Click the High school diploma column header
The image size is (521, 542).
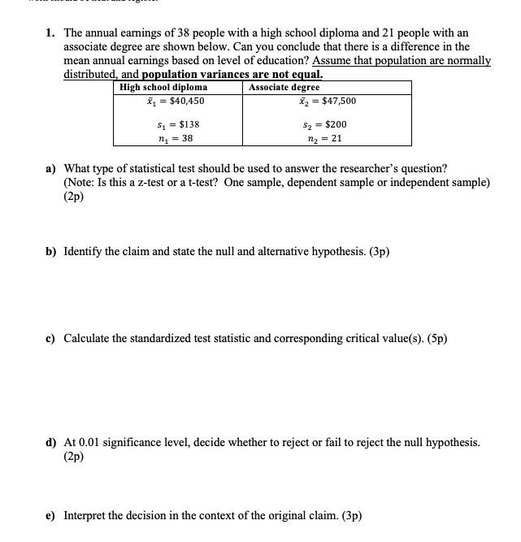(163, 87)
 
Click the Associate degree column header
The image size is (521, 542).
(284, 87)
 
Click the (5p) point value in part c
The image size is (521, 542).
(434, 338)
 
